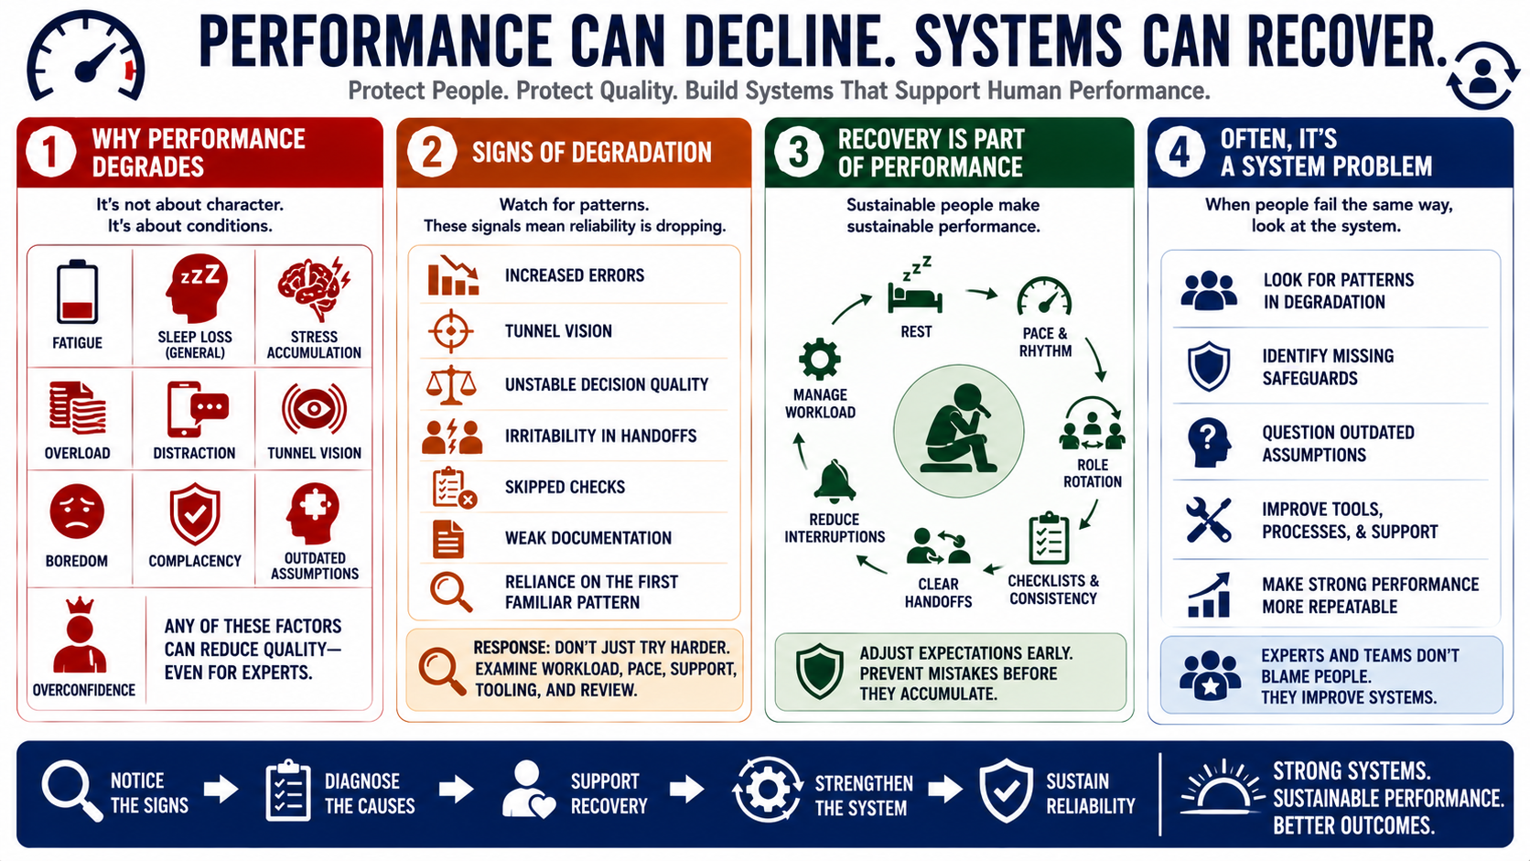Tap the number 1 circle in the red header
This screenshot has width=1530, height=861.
coord(50,152)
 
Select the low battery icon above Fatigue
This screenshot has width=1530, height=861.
coord(77,292)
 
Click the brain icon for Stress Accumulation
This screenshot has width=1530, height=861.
coord(314,288)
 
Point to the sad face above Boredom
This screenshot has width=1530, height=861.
coord(77,511)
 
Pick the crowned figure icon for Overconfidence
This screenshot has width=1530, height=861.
coord(80,636)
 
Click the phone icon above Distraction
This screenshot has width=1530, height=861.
coord(198,409)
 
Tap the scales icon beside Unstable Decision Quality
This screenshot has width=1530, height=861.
coord(451,384)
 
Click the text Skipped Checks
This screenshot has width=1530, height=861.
coord(565,487)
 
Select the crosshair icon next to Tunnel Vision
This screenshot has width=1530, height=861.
coord(451,331)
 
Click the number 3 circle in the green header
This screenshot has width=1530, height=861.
coord(799,152)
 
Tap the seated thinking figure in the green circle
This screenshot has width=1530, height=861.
coord(957,429)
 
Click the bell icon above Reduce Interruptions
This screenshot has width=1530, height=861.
coord(834,482)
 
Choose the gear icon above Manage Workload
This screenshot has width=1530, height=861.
coord(820,360)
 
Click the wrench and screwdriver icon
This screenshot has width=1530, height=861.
coord(1208,521)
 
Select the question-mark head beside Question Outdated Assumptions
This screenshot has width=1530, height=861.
coord(1208,443)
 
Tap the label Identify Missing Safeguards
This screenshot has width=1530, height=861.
coord(1328,367)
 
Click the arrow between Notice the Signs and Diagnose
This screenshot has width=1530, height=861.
coord(221,790)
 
